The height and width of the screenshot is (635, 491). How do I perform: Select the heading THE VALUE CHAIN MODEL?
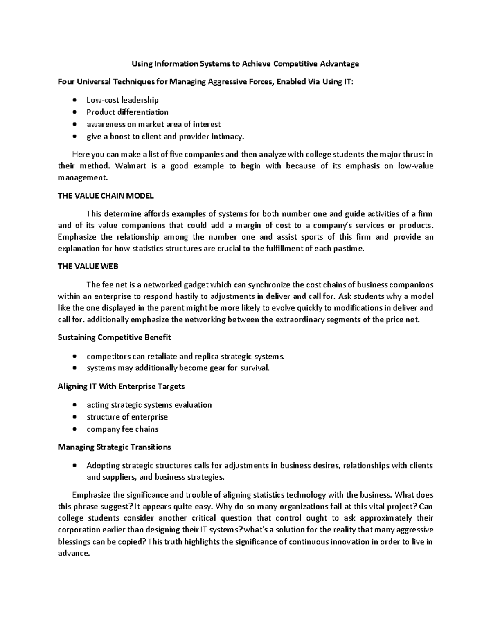coord(106,196)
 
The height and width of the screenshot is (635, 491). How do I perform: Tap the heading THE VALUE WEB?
coord(88,266)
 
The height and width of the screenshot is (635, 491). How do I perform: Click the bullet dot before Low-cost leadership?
coord(74,100)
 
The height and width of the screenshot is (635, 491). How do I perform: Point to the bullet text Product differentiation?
coord(127,112)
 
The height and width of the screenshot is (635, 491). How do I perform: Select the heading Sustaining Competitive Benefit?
coord(114,337)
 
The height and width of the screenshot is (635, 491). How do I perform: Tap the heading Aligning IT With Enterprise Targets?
coord(121,386)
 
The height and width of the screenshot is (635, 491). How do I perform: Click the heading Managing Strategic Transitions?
coord(114,447)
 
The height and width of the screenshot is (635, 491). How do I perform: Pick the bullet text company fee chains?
coord(122,429)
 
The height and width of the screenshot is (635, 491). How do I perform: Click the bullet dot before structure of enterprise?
coord(74,417)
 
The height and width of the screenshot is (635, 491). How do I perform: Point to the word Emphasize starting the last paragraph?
coord(91,495)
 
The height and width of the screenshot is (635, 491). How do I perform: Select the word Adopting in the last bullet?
coord(103,465)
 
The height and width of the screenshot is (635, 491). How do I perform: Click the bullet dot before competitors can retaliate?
coord(74,356)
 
